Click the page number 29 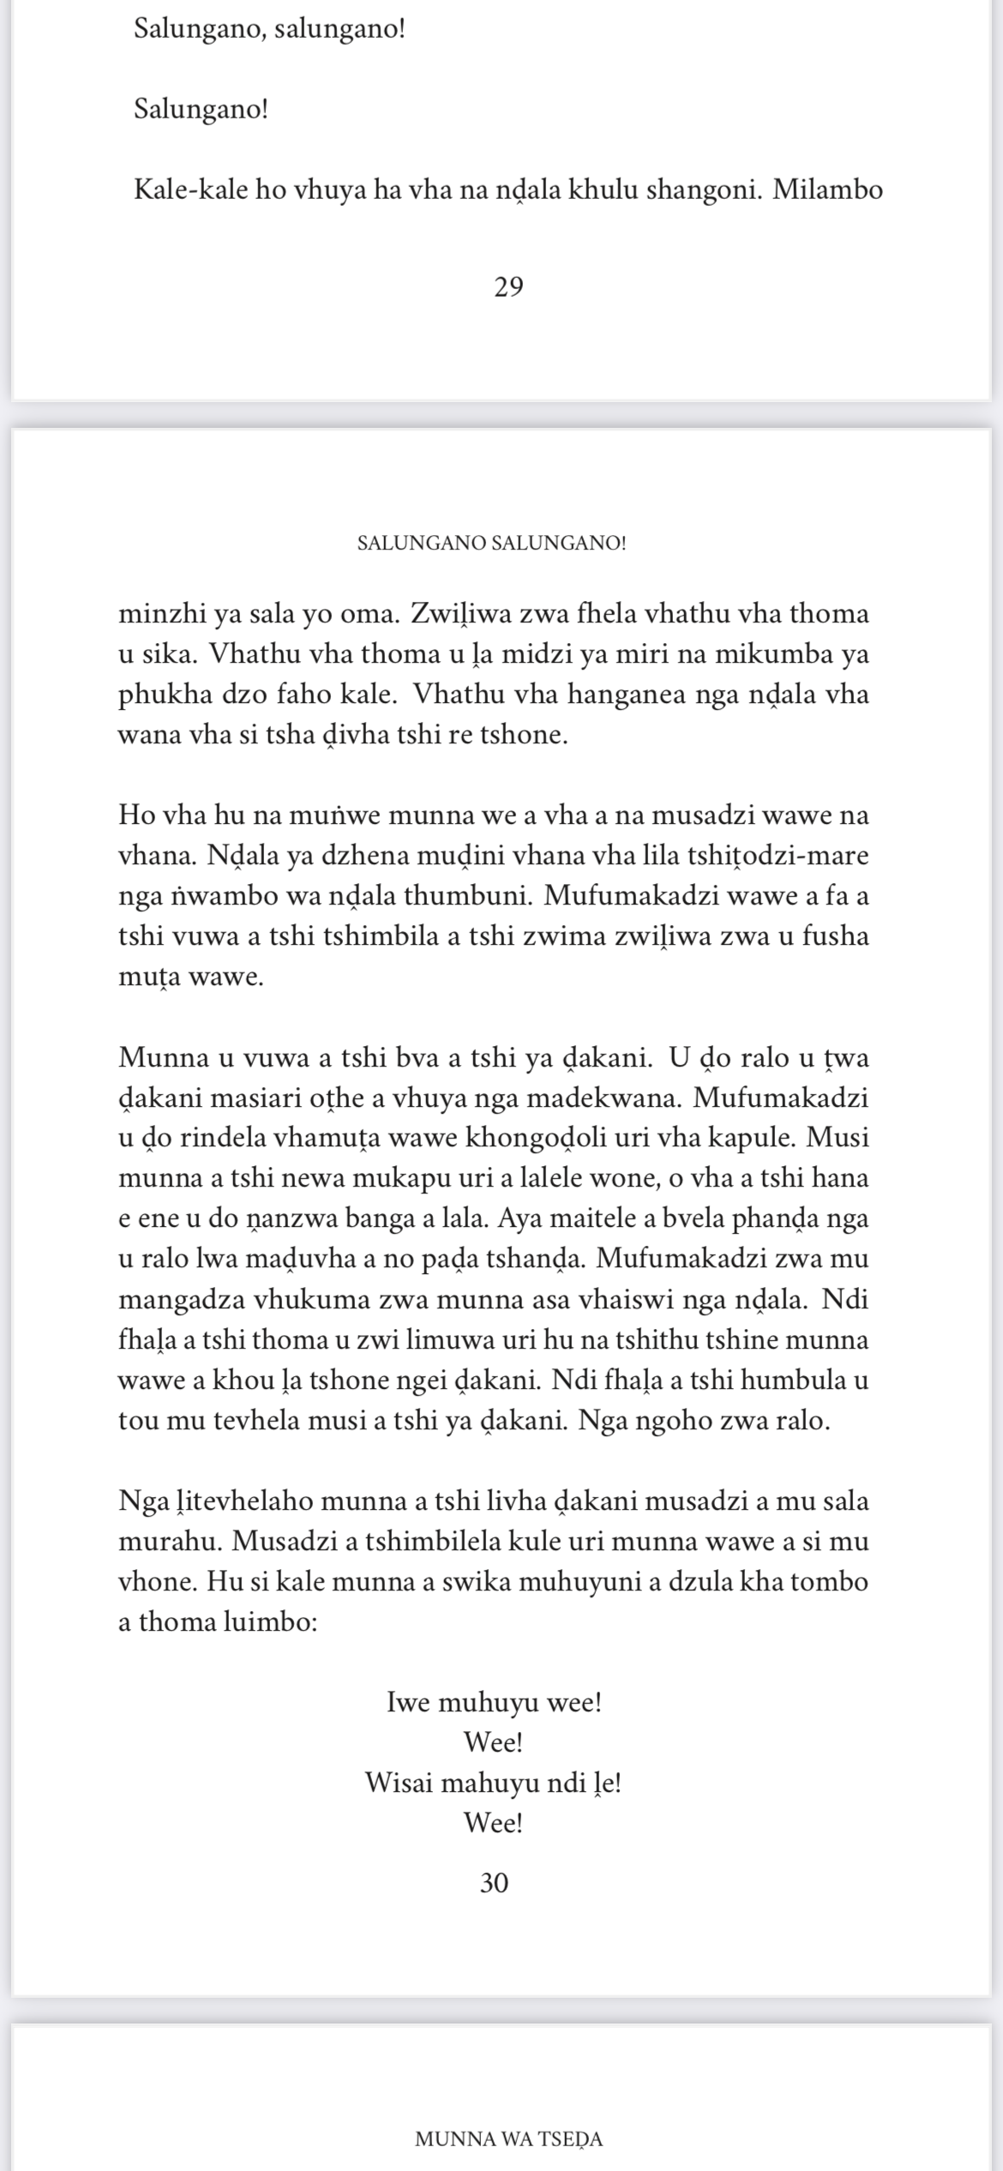coord(508,288)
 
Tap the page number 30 coord(495,1882)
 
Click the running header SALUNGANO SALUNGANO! coord(491,543)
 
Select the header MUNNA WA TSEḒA coord(508,2138)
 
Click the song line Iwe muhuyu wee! coord(495,1702)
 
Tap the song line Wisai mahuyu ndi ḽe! coord(493,1783)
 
